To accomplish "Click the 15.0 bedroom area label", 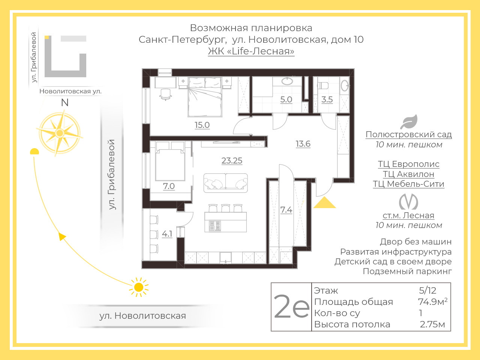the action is coord(202,125).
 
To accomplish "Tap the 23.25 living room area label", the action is coord(232,160).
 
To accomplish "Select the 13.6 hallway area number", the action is coord(303,144).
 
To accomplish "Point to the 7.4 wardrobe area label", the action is coord(286,210).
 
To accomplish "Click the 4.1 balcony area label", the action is coord(167,234).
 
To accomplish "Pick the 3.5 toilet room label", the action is coord(327,99).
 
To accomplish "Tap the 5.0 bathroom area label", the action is coord(286,99).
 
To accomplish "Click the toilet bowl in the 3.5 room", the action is coord(323,85).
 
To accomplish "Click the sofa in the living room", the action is coord(225,183).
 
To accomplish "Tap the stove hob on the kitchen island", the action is coord(215,226).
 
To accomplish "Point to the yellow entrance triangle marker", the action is coord(324,202).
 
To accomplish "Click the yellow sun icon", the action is coord(139,287).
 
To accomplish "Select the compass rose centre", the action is coord(60,133).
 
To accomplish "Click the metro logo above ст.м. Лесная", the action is coord(408,202).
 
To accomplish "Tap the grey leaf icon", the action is coord(409,122).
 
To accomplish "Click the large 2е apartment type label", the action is coord(291,307).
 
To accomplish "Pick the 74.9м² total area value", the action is coord(433,301).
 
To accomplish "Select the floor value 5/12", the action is coord(428,291).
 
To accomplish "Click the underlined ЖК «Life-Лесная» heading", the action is coord(251,51).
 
